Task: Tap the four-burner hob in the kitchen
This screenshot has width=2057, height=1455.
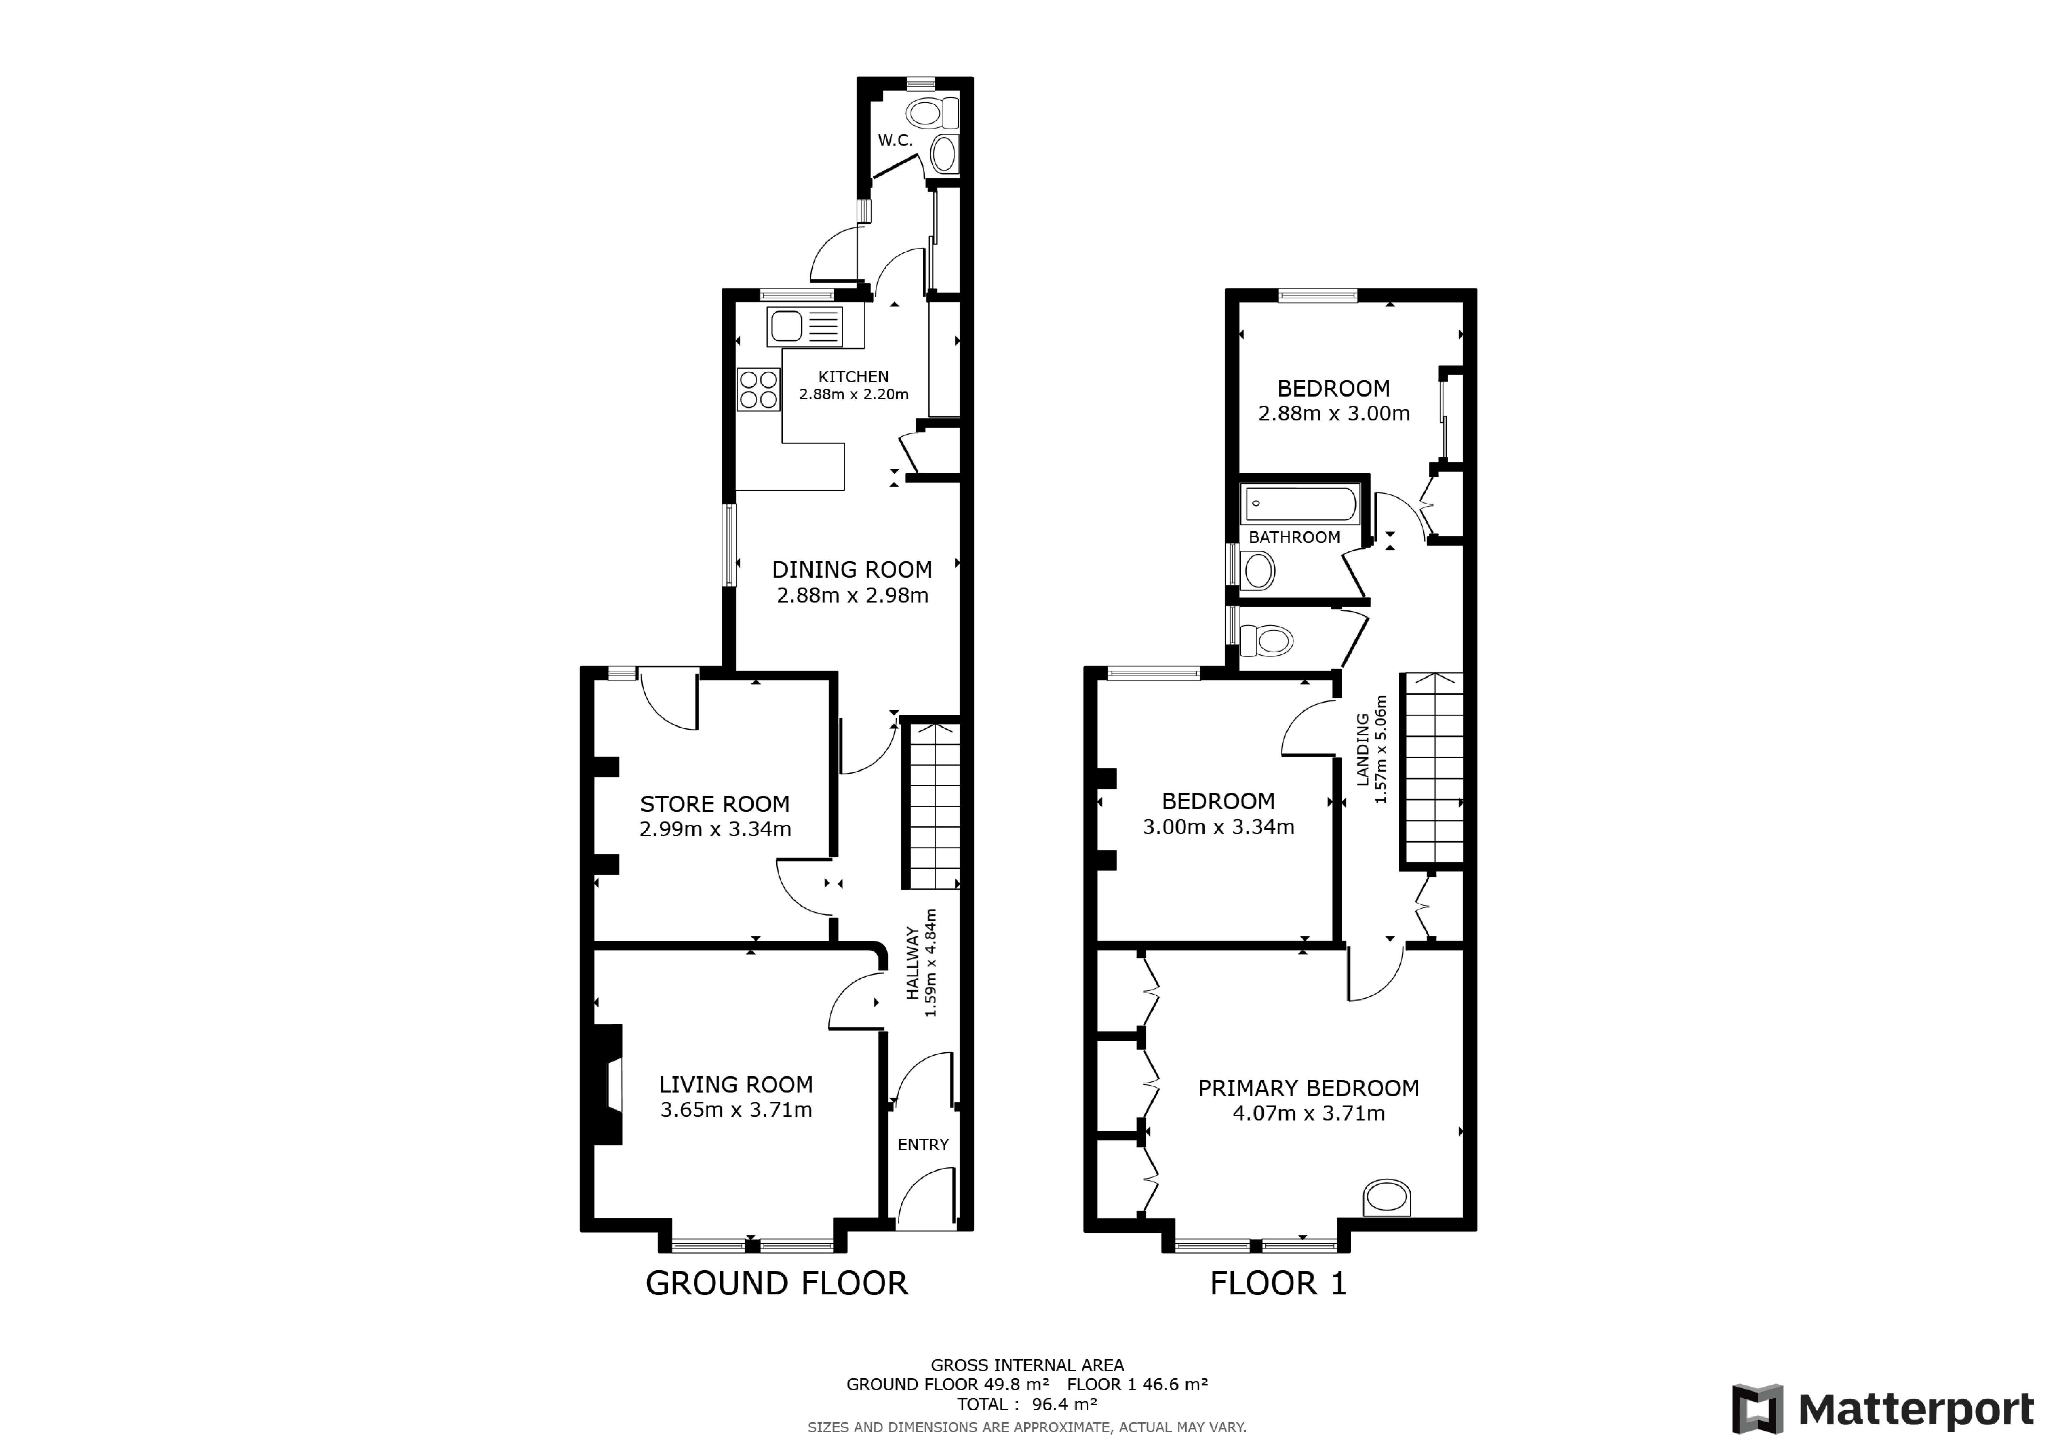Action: [758, 390]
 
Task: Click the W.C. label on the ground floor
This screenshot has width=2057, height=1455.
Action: [895, 141]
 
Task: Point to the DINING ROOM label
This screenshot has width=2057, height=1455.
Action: [852, 570]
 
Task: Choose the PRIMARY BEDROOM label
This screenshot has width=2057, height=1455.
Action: [1308, 1088]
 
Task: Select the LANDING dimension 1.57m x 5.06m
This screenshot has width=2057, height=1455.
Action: [1381, 749]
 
